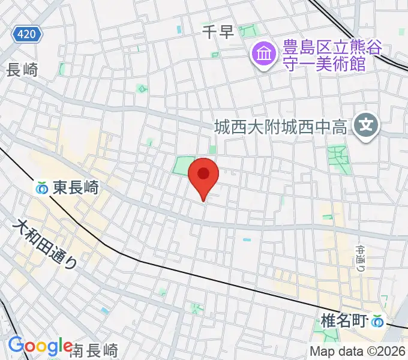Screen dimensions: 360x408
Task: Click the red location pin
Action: click(x=203, y=176)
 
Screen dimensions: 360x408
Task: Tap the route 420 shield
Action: click(x=27, y=34)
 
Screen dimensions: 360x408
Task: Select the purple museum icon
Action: click(x=263, y=55)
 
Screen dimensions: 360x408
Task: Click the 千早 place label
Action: click(x=217, y=32)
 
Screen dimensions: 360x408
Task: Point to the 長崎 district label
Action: click(x=22, y=70)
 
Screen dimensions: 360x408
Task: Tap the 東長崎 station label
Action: click(x=75, y=188)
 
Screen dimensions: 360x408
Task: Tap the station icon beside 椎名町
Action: click(x=377, y=322)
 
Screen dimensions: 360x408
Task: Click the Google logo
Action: click(x=40, y=346)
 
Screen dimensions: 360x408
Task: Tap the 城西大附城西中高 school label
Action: click(x=281, y=127)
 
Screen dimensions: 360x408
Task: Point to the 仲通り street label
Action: click(x=360, y=255)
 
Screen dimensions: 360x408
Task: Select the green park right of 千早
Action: click(x=248, y=31)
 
